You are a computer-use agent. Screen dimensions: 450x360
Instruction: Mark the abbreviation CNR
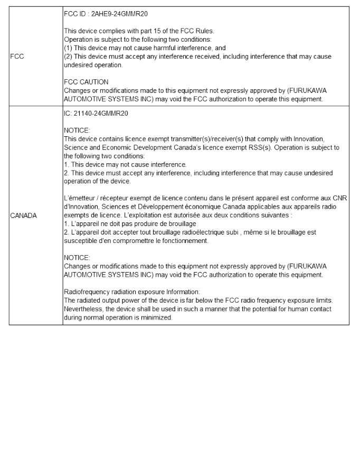click(x=341, y=198)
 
